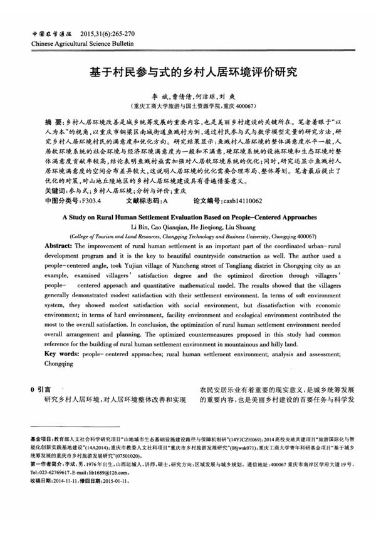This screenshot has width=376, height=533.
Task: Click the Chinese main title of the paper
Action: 188,71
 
